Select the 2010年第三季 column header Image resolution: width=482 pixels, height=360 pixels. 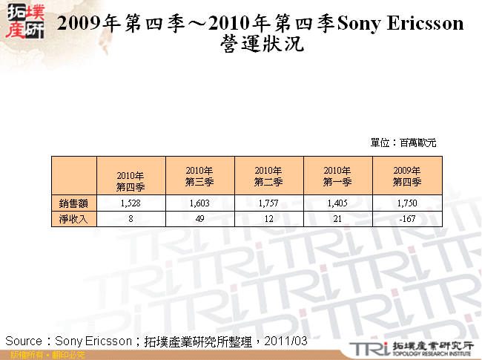pos(199,176)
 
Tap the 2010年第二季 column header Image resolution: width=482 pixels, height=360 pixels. pos(268,176)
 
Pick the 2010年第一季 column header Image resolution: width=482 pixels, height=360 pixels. pos(337,176)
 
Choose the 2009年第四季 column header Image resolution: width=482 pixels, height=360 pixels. pos(407,176)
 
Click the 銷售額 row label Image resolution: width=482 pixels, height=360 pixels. pos(73,203)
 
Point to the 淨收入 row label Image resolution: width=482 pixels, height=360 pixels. pos(73,218)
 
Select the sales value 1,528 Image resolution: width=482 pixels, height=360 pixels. pos(131,203)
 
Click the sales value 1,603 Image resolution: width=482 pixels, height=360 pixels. pos(199,203)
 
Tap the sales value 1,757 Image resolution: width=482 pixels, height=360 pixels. pos(268,203)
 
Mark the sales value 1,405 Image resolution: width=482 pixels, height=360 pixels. pos(337,203)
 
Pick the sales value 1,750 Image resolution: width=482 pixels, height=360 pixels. pos(407,203)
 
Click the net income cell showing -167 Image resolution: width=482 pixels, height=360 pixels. pos(407,218)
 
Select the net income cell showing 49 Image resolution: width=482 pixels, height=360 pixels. pos(199,218)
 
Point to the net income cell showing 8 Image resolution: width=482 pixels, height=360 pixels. pos(131,218)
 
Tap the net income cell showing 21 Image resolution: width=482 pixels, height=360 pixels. pos(337,218)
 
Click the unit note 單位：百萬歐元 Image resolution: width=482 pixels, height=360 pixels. pos(403,142)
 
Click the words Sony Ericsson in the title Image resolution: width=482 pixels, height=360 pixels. pos(400,23)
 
